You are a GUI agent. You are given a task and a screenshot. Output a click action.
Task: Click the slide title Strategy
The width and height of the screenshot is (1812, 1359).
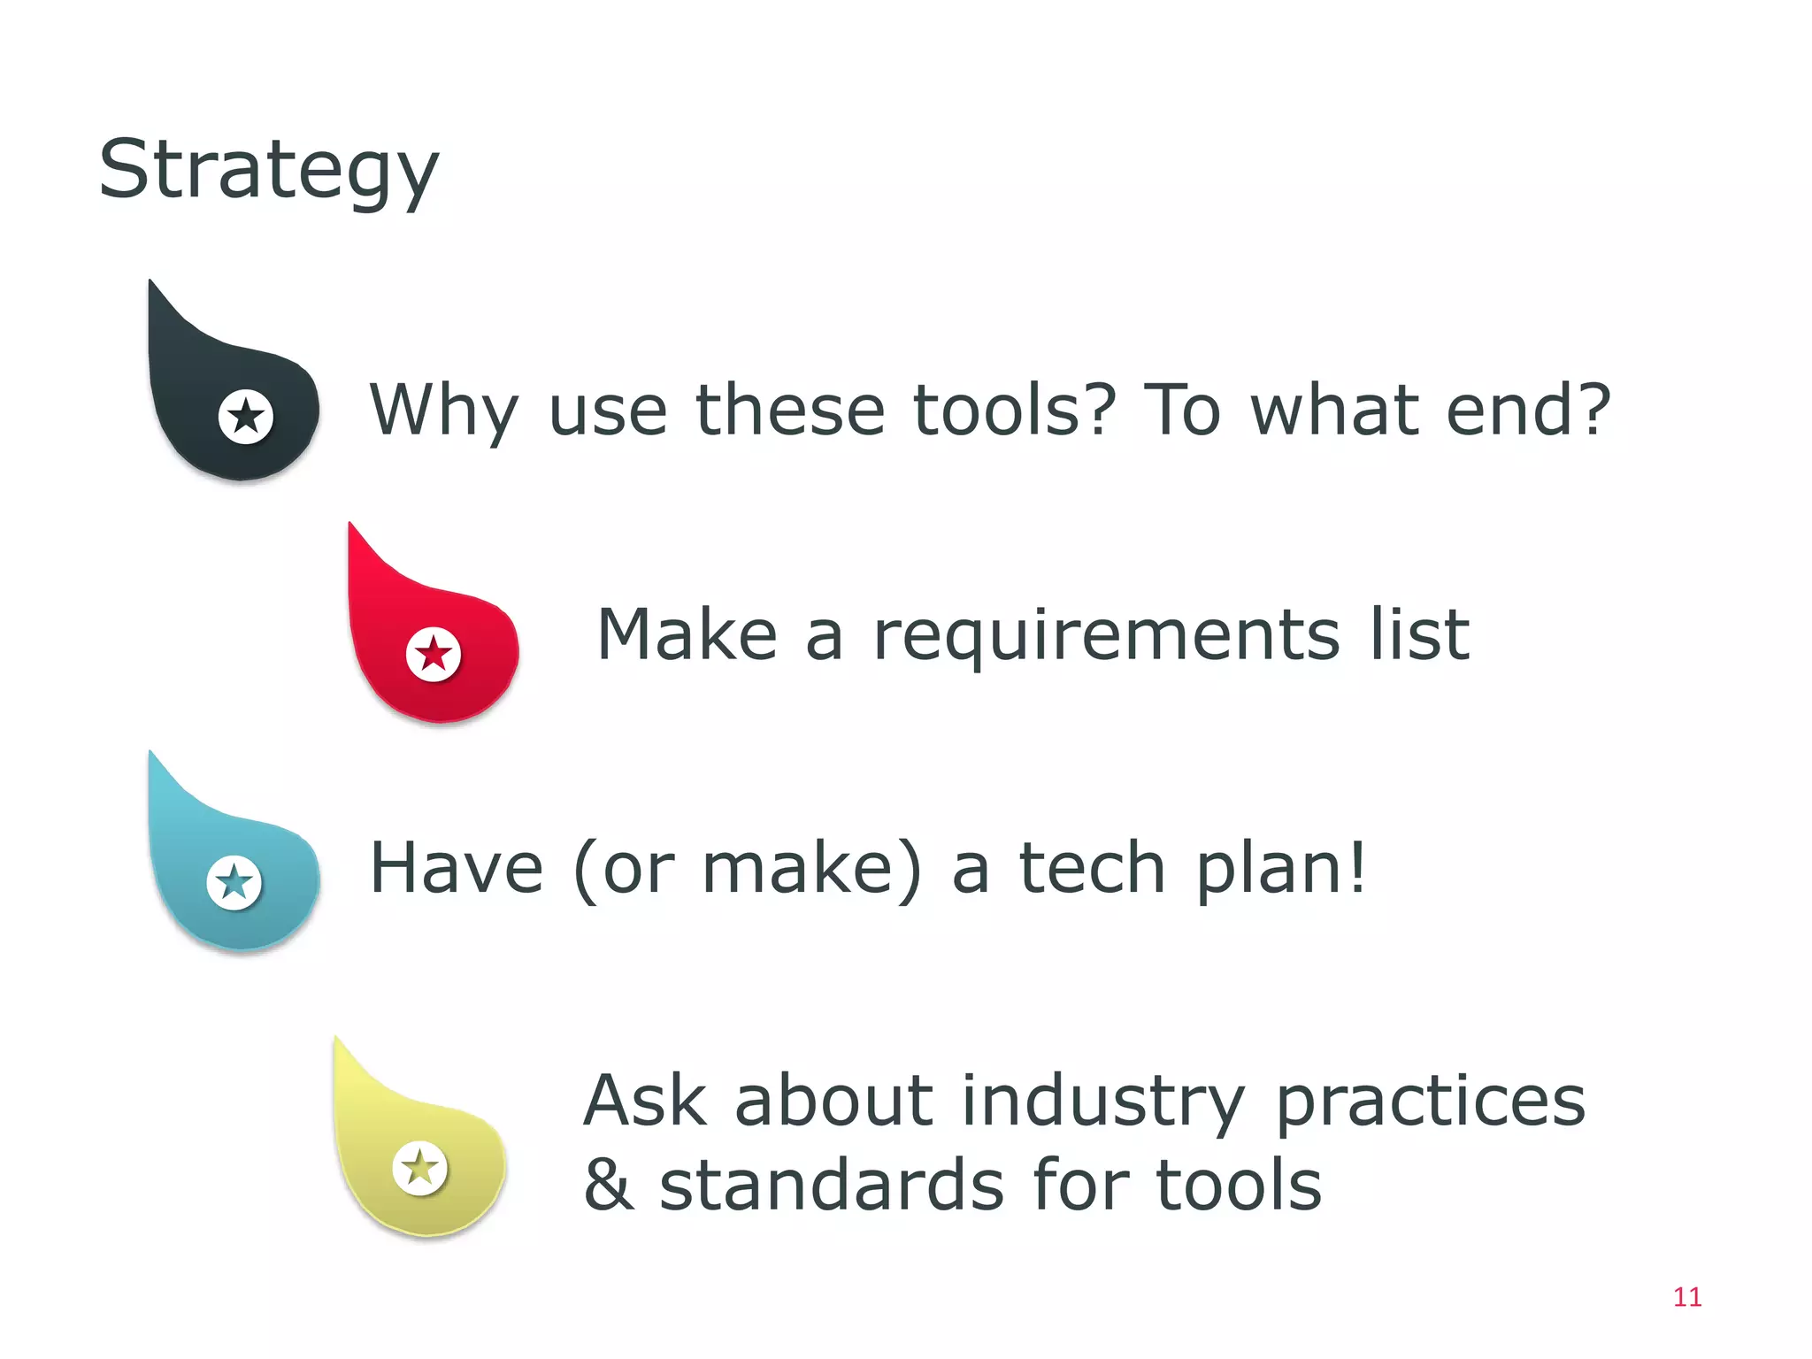(268, 171)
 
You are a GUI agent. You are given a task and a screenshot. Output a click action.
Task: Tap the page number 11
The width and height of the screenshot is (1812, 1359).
(1687, 1297)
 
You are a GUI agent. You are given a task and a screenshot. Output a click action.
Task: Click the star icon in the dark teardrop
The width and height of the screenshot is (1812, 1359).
(246, 416)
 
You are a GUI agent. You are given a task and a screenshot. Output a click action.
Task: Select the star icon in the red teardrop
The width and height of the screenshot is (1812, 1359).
(434, 655)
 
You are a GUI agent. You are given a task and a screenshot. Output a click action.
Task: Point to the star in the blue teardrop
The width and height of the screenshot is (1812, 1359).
(234, 882)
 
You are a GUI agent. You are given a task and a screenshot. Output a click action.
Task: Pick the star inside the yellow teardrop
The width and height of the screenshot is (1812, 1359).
(420, 1168)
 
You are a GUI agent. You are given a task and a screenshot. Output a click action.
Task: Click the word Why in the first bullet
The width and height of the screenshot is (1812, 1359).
(443, 411)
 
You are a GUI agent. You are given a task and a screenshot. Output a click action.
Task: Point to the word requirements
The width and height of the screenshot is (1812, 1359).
(1106, 637)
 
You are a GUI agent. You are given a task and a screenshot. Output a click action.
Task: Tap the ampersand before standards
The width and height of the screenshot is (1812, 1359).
(609, 1185)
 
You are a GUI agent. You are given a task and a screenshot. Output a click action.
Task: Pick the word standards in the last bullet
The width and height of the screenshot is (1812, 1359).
(832, 1185)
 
